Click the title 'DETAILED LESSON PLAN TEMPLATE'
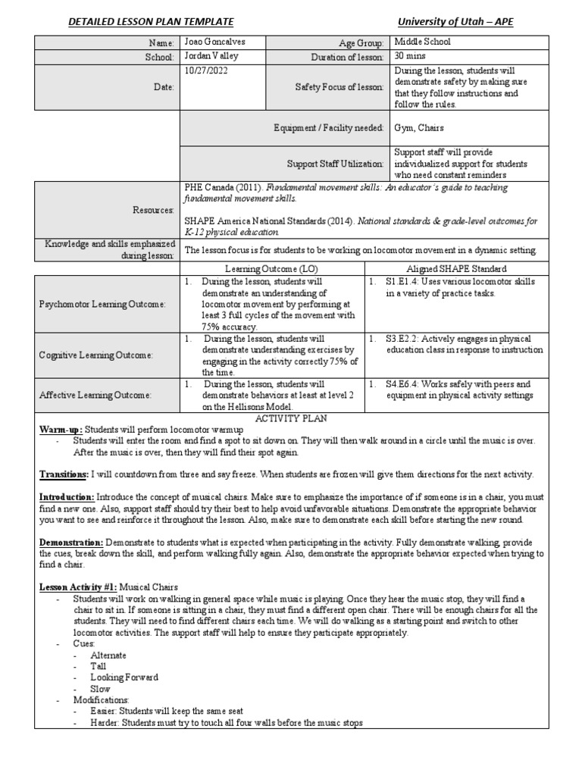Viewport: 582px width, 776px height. [151, 22]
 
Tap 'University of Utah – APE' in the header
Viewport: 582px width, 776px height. [455, 22]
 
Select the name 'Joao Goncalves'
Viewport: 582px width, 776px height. [216, 42]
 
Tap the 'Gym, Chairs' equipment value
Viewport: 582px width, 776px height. [419, 128]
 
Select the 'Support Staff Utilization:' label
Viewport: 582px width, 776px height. [336, 164]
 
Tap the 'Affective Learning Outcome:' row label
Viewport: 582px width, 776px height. [95, 395]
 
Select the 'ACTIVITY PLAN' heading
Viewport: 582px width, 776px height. [290, 418]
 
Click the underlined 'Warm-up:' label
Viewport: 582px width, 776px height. [61, 430]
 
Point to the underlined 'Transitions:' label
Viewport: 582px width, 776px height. [64, 474]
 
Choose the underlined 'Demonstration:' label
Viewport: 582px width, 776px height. [71, 543]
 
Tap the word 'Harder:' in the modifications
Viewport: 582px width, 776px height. [105, 723]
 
